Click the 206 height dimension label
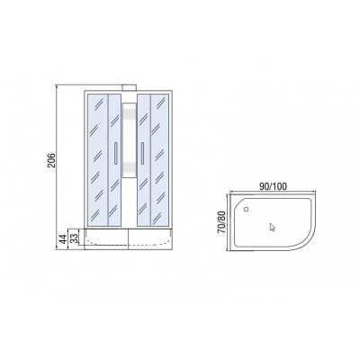tap(52, 160)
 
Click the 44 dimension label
tap(63, 239)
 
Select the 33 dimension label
tap(75, 238)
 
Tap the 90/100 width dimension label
tap(273, 186)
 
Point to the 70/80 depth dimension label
tap(221, 222)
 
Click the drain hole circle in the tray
tap(247, 209)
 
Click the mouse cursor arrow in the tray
tap(272, 227)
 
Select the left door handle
tap(115, 153)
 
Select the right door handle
tap(142, 153)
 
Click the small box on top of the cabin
tap(129, 87)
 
